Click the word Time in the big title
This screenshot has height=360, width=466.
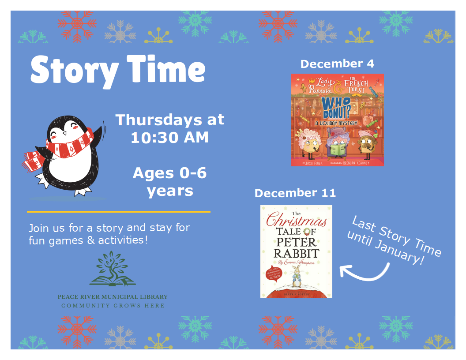(166, 71)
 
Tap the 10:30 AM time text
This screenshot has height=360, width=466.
(169, 138)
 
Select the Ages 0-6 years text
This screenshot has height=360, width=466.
(169, 182)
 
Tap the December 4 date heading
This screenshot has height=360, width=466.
(337, 64)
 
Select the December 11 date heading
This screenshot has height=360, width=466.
(295, 193)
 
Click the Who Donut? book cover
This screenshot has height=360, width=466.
(337, 120)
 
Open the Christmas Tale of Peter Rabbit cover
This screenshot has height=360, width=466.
(296, 251)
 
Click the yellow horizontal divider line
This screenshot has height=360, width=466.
(118, 212)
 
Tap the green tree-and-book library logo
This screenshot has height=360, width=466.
(113, 269)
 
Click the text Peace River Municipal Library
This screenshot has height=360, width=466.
(113, 297)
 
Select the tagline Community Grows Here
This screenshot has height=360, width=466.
(113, 306)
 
